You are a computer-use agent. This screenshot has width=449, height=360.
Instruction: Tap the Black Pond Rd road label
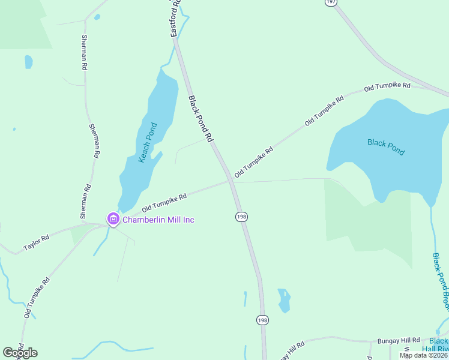200,119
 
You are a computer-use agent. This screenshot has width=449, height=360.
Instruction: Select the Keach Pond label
148,143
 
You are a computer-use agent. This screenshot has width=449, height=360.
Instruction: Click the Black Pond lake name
385,146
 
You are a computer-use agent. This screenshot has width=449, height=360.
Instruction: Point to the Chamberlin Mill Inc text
158,220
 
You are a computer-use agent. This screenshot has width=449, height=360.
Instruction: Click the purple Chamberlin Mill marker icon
113,219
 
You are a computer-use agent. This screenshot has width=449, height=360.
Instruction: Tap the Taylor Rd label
36,243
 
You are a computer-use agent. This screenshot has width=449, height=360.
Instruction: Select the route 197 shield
331,2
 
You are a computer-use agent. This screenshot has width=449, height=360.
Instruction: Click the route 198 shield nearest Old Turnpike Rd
241,216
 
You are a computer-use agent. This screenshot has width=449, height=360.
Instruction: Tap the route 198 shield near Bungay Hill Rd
262,320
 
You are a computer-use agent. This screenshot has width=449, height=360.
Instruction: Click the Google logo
20,353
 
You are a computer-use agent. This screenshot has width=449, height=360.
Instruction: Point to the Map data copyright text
423,355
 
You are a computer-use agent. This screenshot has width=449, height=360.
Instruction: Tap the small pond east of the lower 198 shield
284,299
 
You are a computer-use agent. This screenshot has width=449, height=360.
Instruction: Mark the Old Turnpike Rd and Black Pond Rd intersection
231,179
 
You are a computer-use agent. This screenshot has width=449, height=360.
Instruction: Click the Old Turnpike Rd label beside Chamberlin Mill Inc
164,202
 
